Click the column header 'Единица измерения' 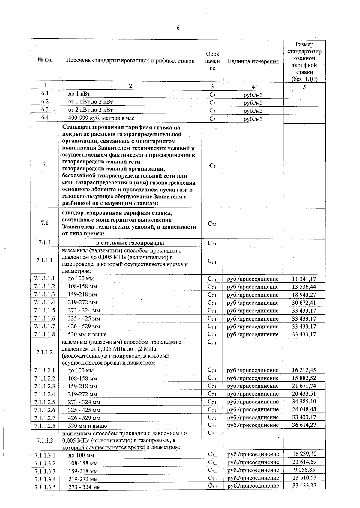pos(253,61)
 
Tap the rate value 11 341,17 pos(304,279)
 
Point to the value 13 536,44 pos(304,287)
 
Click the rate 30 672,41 pos(304,303)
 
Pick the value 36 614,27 pos(304,425)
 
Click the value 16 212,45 pos(304,370)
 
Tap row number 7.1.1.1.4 pos(45,302)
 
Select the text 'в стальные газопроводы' pos(130,243)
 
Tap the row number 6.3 pos(45,110)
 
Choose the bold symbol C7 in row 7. pos(212,166)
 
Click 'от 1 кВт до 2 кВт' pos(91,102)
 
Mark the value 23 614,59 pos(304,462)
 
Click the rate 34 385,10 pos(304,401)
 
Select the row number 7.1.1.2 pos(45,352)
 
